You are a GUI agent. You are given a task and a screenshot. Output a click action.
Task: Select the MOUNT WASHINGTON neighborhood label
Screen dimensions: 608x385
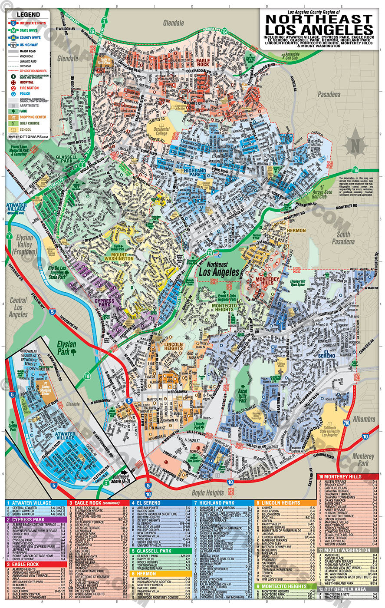click(118, 256)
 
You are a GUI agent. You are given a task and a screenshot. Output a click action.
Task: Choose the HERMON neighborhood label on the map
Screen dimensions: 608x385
click(296, 230)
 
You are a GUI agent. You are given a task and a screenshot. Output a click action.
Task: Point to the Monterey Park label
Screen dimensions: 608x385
click(362, 459)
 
